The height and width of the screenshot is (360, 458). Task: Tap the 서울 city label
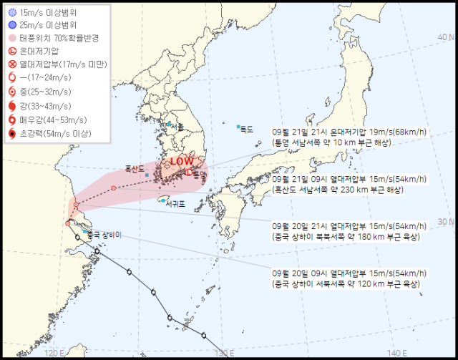tap(176, 127)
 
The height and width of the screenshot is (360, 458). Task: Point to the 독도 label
tap(247, 129)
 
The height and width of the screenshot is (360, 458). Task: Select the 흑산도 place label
tap(135, 169)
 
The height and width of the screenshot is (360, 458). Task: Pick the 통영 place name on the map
tap(199, 174)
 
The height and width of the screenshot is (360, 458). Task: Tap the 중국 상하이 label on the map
tap(104, 234)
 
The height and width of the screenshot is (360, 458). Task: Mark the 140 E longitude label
tap(396, 352)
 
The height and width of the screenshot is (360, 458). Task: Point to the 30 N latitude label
tap(447, 222)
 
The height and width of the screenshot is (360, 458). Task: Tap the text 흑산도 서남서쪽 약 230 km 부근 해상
tap(338, 190)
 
